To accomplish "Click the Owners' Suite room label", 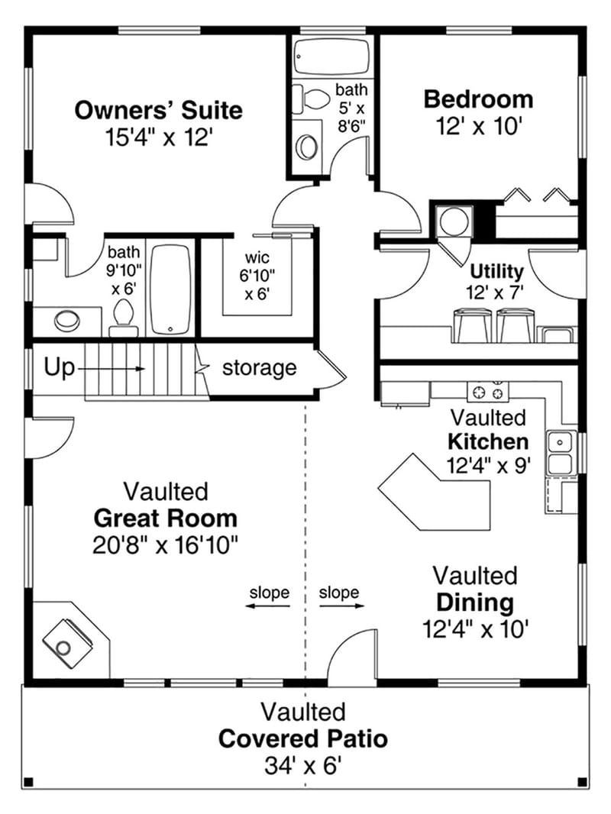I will (x=158, y=110).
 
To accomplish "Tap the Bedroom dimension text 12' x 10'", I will (x=479, y=127).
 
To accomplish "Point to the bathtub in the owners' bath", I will (x=171, y=289).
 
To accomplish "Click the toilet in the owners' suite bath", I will (x=123, y=316).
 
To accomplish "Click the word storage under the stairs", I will (x=259, y=368).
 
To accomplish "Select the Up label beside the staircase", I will (x=59, y=368).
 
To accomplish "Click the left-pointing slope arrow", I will (x=268, y=606).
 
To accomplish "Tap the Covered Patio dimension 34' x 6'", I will (x=302, y=765).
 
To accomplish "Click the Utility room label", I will (x=496, y=271).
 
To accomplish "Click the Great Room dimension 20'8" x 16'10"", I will (x=165, y=544).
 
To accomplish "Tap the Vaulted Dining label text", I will (x=474, y=602).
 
